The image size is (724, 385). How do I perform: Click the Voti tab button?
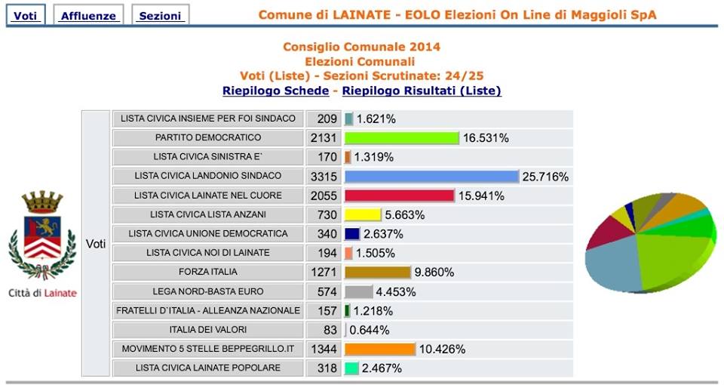pyautogui.click(x=25, y=15)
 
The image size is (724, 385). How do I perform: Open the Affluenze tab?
pyautogui.click(x=88, y=15)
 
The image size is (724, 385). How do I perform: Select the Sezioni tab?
pyautogui.click(x=160, y=15)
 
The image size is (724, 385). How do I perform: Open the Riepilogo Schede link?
pyautogui.click(x=275, y=91)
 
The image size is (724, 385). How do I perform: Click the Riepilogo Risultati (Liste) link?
pyautogui.click(x=421, y=91)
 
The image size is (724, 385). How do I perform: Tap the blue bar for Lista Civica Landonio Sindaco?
pyautogui.click(x=431, y=176)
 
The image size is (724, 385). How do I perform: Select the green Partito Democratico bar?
pyautogui.click(x=401, y=138)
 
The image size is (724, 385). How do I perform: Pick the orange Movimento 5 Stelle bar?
pyautogui.click(x=379, y=349)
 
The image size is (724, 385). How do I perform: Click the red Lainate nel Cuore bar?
pyautogui.click(x=399, y=196)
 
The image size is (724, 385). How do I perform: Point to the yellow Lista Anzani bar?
pyautogui.click(x=362, y=214)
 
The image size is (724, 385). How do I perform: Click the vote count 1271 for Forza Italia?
pyautogui.click(x=323, y=272)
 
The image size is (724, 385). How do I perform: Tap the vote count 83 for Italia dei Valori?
pyautogui.click(x=323, y=330)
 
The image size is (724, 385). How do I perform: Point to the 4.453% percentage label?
pyautogui.click(x=396, y=292)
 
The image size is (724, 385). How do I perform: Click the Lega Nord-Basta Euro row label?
pyautogui.click(x=207, y=291)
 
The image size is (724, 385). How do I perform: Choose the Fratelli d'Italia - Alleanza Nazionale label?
pyautogui.click(x=207, y=310)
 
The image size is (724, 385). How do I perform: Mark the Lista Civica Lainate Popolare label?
pyautogui.click(x=207, y=368)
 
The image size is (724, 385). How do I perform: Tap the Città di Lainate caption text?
pyautogui.click(x=42, y=293)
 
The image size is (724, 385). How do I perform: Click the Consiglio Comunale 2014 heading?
pyautogui.click(x=361, y=47)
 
